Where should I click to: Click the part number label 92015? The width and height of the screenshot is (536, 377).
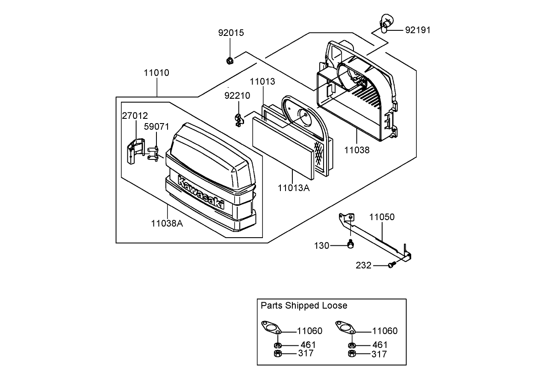tap(231, 33)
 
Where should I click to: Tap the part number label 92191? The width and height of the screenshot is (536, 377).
tap(418, 30)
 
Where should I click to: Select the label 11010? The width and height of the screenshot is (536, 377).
tap(156, 73)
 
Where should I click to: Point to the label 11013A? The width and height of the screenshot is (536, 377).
tap(294, 188)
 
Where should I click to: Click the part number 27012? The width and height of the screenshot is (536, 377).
tap(135, 116)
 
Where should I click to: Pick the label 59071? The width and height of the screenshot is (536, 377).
tap(156, 127)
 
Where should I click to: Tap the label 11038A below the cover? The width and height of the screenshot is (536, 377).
tap(167, 224)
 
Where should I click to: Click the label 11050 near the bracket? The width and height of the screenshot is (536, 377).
tap(382, 217)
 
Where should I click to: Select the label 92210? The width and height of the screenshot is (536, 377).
tap(237, 96)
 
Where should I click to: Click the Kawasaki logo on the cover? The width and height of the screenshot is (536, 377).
tap(201, 192)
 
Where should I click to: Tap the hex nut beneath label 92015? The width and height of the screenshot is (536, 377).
tap(230, 61)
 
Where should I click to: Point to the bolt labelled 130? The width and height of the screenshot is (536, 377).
tap(350, 244)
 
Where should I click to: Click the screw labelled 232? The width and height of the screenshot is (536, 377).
tap(391, 265)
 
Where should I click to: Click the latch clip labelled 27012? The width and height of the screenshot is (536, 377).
tap(135, 151)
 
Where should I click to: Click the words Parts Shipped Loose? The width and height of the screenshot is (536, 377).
tap(304, 306)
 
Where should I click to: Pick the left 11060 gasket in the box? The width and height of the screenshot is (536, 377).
tap(271, 327)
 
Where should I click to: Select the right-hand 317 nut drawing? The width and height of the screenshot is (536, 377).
tap(352, 353)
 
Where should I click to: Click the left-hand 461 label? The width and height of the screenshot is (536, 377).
tap(308, 345)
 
